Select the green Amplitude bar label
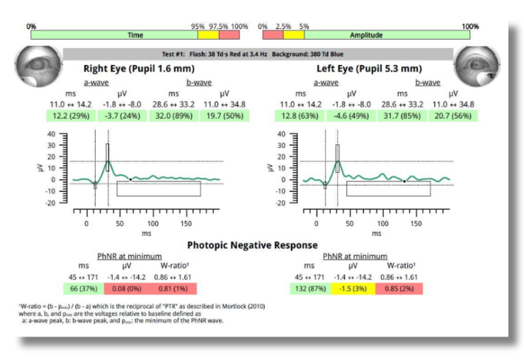point(366,35)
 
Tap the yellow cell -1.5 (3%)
point(351,289)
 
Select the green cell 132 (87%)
point(308,289)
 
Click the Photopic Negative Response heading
point(252,245)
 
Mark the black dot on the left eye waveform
point(404,181)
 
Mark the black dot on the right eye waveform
point(130,179)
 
